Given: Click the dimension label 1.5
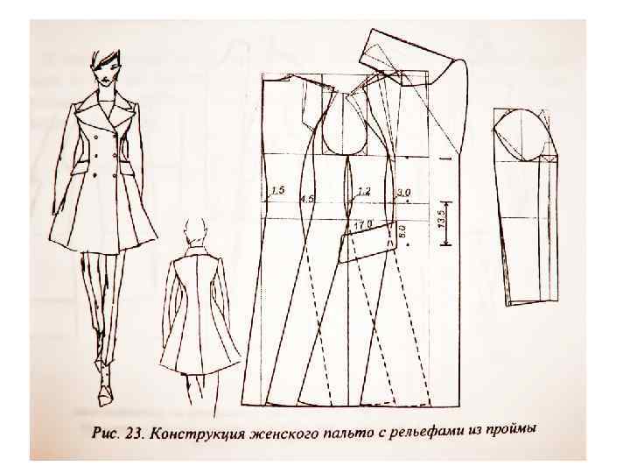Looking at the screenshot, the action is (x=278, y=190).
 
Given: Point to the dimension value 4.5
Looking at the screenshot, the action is (x=307, y=199).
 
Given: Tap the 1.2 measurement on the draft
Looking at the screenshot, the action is (x=364, y=192).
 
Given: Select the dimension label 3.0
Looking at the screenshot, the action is (x=403, y=193).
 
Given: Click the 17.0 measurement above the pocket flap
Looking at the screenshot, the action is (x=363, y=224).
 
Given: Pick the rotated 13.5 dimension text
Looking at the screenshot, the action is (x=440, y=220).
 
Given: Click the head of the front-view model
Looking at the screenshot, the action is (x=106, y=67).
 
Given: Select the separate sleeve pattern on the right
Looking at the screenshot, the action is (x=527, y=206).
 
